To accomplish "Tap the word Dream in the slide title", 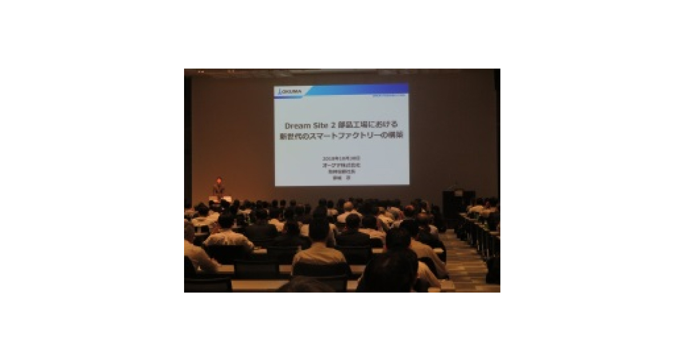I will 298,125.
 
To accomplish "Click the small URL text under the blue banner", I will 390,97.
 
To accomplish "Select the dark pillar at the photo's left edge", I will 188,137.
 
